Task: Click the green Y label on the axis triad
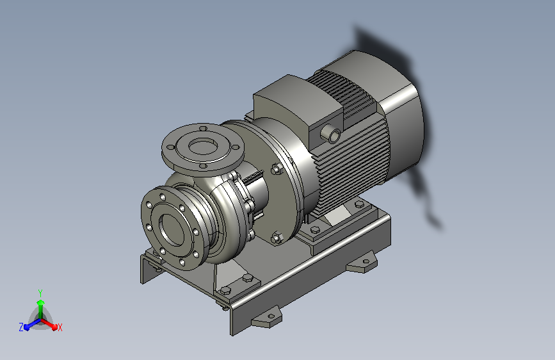40,293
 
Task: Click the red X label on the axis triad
60,328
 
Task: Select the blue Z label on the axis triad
21,327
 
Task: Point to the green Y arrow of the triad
41,309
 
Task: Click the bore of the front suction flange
172,229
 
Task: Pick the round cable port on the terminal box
331,134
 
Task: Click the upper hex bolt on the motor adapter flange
277,169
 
